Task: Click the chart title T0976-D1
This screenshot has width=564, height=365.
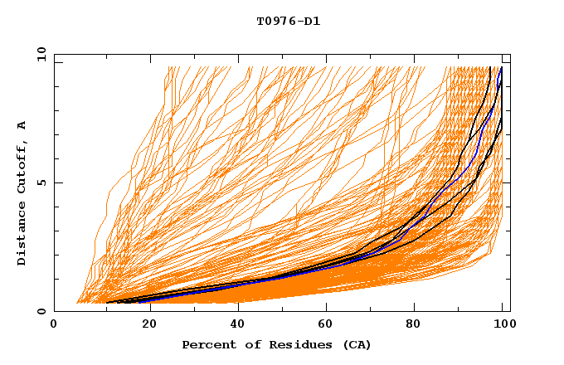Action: pos(288,22)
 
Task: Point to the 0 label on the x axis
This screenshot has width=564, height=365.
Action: pos(55,324)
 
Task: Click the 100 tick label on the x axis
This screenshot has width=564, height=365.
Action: pos(503,324)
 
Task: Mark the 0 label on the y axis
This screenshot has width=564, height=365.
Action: pos(41,312)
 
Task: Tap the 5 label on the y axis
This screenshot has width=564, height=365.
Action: pos(41,182)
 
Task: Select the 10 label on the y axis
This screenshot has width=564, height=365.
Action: pos(37,54)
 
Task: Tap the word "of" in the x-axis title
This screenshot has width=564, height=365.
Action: pos(246,344)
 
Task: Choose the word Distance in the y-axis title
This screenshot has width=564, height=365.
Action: pos(22,236)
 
